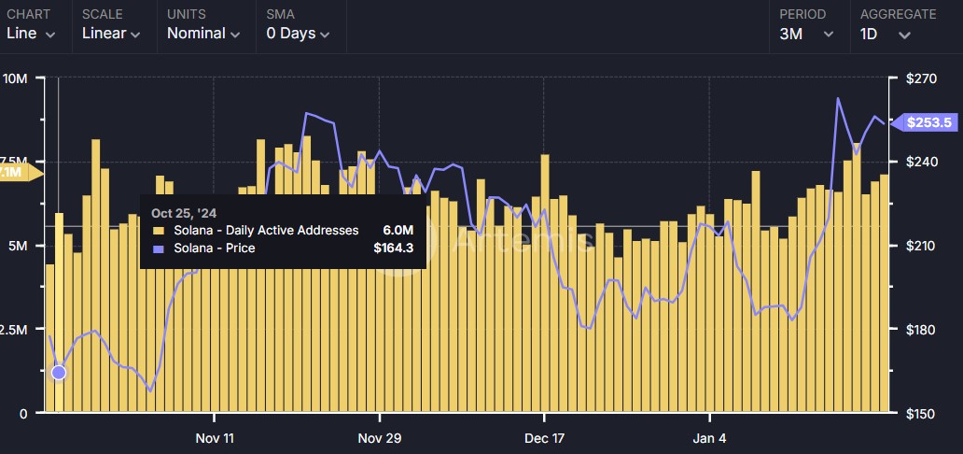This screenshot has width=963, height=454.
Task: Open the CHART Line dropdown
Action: click(31, 34)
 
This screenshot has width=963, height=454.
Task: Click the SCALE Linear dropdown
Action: click(111, 34)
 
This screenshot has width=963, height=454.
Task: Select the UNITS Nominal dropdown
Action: click(202, 34)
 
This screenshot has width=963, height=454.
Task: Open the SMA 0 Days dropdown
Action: click(298, 34)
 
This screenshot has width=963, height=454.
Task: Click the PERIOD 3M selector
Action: click(806, 34)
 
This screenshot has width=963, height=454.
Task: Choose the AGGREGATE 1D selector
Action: click(885, 34)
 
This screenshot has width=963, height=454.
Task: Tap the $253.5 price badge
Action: click(927, 122)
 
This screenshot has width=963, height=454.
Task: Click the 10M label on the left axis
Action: click(16, 78)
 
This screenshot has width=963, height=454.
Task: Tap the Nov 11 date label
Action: click(214, 438)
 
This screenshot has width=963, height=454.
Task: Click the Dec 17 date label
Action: click(544, 438)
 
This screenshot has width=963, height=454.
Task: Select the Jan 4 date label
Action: click(710, 438)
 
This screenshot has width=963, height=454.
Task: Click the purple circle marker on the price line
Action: click(59, 373)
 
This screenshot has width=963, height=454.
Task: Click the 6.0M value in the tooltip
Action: click(398, 230)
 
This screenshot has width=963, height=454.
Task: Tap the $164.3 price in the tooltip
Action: click(393, 248)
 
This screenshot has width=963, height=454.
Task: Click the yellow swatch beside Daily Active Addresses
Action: click(158, 231)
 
